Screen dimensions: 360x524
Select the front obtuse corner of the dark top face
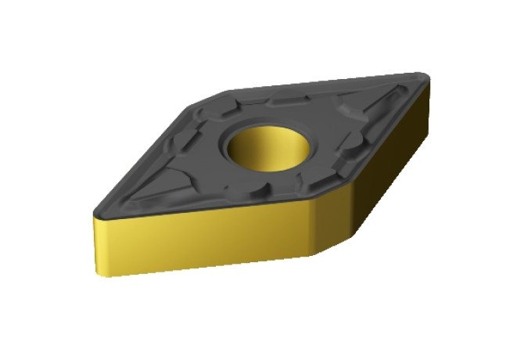(310, 198)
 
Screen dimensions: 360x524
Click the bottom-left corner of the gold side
(99, 275)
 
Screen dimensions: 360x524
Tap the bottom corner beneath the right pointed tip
(430, 141)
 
